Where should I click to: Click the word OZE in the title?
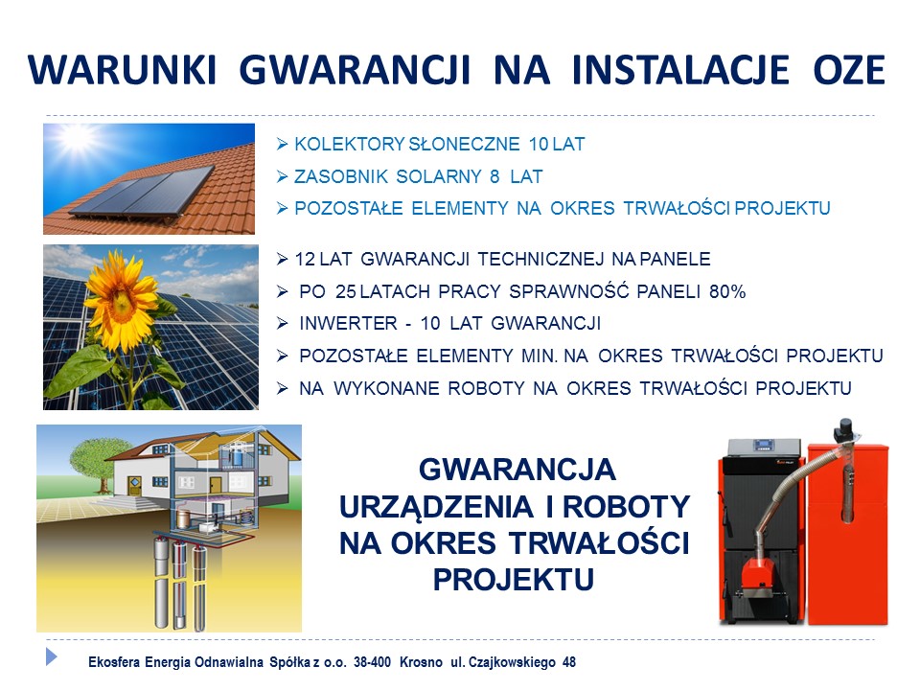coord(848,70)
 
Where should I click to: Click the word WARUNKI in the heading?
coord(122,70)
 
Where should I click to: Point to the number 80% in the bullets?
coord(727,291)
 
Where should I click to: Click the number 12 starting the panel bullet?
coord(305,260)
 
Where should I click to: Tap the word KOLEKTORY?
coord(349,145)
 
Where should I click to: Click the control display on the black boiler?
coord(763,445)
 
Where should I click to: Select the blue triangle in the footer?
coord(52,656)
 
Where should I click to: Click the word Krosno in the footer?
coord(421,662)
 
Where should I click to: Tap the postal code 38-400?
coord(372,662)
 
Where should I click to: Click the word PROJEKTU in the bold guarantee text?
coord(514,580)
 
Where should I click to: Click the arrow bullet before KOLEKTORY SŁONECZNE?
coord(282,145)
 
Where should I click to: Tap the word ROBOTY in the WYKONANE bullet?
coord(487,388)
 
